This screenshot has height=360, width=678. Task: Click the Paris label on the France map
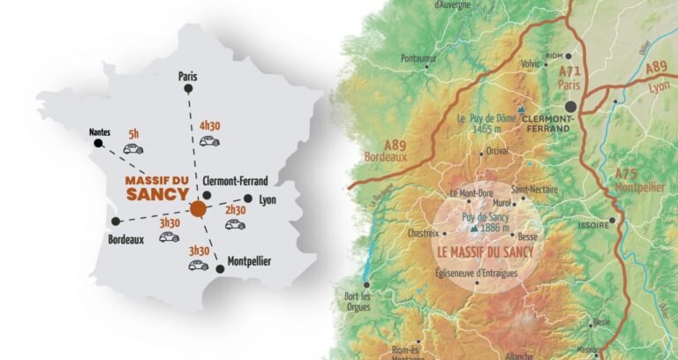click(187, 76)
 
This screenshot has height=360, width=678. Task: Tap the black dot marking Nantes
click(99, 144)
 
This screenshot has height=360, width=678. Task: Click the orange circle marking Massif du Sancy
click(198, 209)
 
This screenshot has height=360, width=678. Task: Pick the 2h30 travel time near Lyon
click(235, 210)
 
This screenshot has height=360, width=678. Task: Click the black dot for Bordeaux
click(114, 222)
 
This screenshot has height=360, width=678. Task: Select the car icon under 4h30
click(208, 140)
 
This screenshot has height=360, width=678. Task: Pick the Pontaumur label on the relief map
click(418, 58)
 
